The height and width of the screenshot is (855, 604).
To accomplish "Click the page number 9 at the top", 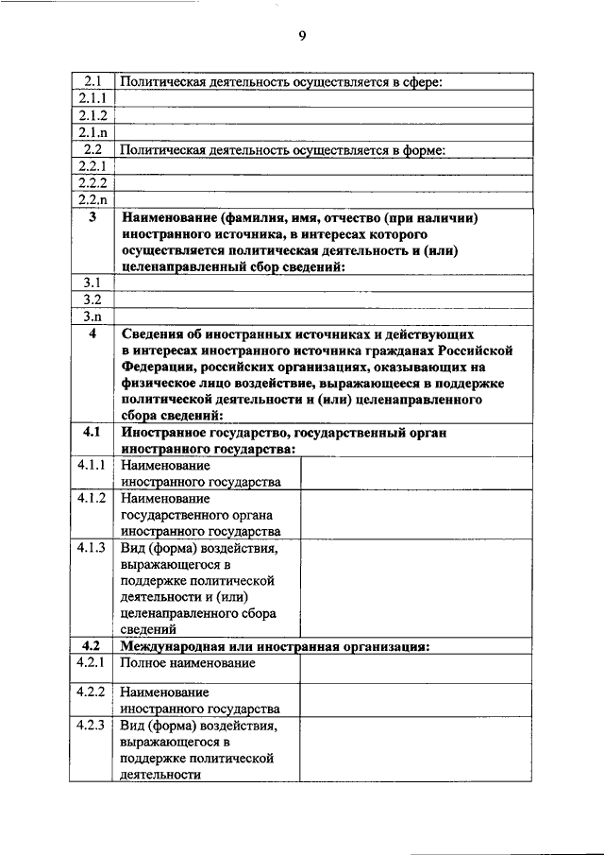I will [302, 36].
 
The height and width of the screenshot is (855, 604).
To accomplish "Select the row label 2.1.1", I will [92, 98].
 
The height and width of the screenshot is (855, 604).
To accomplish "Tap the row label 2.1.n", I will [92, 132].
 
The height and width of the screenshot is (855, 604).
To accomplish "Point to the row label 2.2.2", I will [92, 183].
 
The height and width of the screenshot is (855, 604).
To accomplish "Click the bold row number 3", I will [92, 218].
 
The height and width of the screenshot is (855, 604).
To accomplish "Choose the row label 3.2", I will [92, 299].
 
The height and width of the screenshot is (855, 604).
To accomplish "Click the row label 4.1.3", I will [92, 547].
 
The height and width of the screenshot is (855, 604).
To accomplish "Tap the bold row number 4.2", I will [92, 645].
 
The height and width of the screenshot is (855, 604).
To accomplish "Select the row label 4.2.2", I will [92, 693].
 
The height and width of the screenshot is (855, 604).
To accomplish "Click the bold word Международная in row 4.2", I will [170, 646].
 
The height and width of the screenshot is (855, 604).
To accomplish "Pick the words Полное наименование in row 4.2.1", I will [188, 663].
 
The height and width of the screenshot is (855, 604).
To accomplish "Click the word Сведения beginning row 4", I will [151, 334].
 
